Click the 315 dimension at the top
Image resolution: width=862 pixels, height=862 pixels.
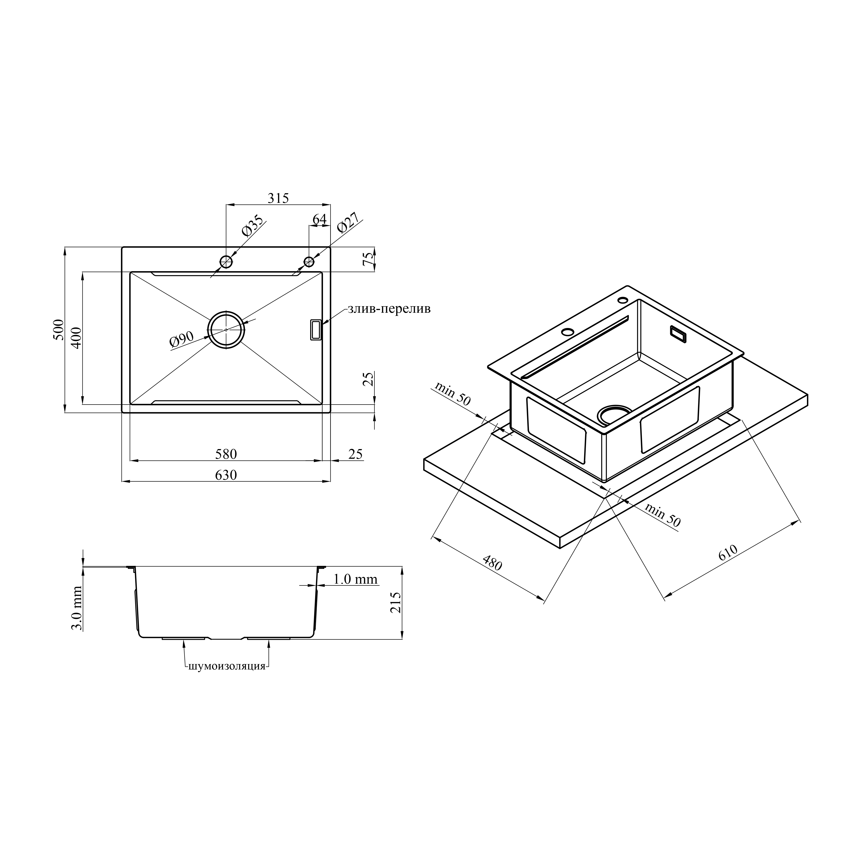click(x=278, y=198)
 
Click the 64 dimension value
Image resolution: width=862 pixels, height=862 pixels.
click(x=319, y=219)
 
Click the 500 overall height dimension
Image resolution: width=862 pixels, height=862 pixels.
click(x=58, y=330)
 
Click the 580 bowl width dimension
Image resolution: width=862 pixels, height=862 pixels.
click(x=226, y=454)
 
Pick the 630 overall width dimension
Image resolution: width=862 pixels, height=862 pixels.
click(x=226, y=475)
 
